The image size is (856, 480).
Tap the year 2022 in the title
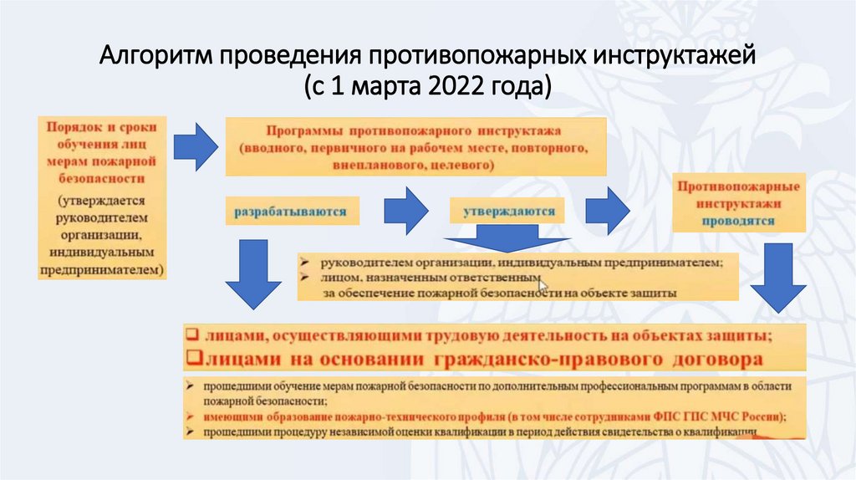coord(465,86)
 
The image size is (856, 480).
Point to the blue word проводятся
coord(737,222)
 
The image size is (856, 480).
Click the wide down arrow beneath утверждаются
coord(502,240)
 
